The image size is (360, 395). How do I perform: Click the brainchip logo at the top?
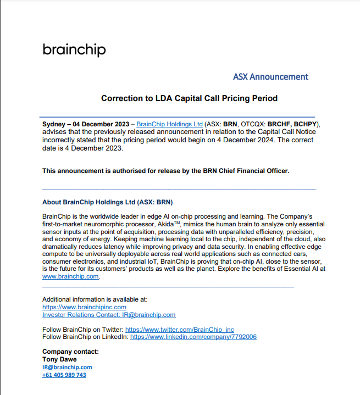[74, 50]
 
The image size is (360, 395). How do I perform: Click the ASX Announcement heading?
[270, 77]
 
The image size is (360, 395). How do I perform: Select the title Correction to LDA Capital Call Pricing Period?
[189, 98]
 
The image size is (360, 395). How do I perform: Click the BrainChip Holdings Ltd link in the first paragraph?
[169, 124]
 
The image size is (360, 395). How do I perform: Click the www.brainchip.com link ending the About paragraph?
[70, 277]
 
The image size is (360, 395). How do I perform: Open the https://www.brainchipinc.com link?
[84, 307]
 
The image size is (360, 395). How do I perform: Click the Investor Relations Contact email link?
[109, 315]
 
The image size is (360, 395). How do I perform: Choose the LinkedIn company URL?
[193, 337]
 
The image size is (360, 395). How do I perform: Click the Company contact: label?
[70, 352]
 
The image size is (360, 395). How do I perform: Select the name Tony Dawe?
[58, 359]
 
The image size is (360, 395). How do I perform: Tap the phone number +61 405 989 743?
[64, 375]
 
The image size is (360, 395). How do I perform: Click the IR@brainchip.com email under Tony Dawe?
[67, 367]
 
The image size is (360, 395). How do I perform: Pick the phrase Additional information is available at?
[95, 299]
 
